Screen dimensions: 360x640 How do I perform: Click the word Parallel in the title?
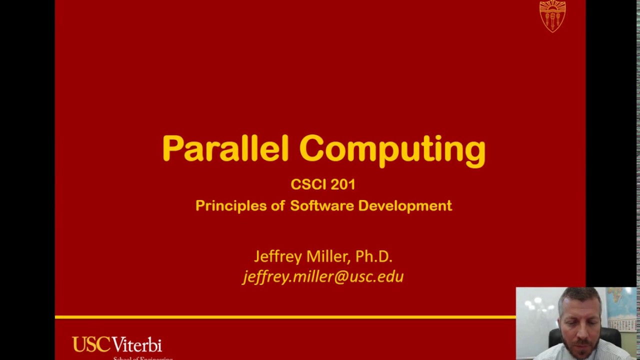225,148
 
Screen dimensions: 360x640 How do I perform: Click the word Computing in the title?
392,149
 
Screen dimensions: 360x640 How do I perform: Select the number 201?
343,184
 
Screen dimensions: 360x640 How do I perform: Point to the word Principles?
230,206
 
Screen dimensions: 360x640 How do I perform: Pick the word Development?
405,206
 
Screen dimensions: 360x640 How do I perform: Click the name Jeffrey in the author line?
278,257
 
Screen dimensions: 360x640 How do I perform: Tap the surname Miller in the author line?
328,256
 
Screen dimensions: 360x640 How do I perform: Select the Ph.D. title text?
373,256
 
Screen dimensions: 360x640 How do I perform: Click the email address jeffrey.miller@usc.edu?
323,277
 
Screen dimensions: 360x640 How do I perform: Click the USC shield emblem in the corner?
552,16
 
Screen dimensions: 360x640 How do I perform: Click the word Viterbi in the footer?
136,345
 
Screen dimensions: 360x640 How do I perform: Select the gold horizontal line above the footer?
285,317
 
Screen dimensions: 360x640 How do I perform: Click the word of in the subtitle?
277,206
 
